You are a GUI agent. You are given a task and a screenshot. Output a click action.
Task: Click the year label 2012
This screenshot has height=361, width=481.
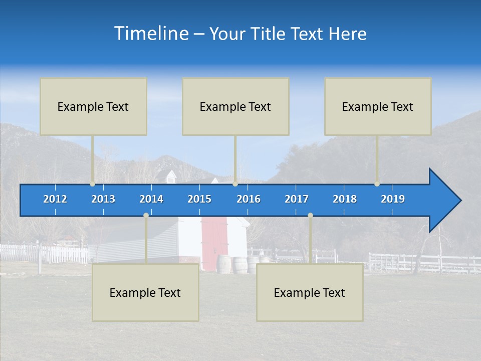[x=55, y=199]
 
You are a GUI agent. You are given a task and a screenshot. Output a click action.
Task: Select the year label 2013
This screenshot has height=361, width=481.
[x=103, y=199]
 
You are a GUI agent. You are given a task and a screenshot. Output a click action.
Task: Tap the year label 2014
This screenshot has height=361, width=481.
[x=151, y=199]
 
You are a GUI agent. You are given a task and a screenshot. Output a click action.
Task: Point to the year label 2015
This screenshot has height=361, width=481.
[x=199, y=199]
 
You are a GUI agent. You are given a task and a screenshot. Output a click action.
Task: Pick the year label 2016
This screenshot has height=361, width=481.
[x=249, y=199]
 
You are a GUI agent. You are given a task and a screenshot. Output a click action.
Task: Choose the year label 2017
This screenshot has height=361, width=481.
[x=297, y=199]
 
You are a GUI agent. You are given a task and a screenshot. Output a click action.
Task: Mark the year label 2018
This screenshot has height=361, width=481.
[x=345, y=199]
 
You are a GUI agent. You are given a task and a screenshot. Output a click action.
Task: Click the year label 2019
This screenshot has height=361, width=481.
[x=393, y=199]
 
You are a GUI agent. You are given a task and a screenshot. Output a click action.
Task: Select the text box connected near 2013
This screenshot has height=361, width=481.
[x=93, y=106]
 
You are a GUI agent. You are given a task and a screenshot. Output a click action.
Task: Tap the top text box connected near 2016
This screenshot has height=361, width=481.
[x=235, y=106]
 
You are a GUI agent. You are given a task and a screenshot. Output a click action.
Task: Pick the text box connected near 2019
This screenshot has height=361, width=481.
[x=378, y=106]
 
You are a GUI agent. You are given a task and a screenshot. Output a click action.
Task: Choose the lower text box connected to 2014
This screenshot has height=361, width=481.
[x=145, y=292]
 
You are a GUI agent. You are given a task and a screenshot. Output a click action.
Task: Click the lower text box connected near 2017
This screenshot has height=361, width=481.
[x=310, y=292]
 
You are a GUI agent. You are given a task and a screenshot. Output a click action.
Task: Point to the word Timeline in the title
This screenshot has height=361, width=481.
[x=151, y=34]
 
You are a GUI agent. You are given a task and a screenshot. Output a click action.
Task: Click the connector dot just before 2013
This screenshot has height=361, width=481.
[x=92, y=184]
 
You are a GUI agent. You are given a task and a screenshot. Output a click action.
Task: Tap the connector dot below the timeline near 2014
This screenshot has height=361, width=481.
[x=146, y=216]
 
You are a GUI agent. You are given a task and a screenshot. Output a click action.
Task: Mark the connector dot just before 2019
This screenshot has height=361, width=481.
[x=377, y=184]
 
